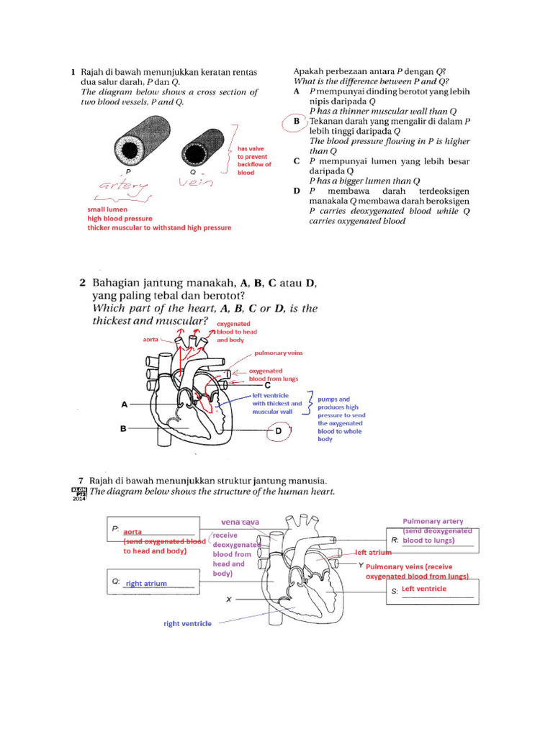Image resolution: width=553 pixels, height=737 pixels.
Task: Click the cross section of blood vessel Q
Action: [196, 149]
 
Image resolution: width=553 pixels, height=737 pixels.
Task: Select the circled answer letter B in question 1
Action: [296, 122]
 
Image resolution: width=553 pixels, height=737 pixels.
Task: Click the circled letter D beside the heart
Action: [279, 431]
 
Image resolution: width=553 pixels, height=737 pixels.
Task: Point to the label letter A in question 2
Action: [124, 405]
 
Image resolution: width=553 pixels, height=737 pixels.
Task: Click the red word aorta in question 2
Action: [150, 338]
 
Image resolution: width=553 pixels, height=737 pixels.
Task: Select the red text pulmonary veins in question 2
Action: [277, 355]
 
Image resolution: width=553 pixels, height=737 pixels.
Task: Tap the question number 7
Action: [81, 479]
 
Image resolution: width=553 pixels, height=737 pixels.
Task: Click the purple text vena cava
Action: [240, 521]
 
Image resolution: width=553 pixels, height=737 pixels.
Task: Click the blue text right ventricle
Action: [188, 623]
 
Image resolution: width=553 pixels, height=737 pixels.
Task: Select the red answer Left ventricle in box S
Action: [423, 589]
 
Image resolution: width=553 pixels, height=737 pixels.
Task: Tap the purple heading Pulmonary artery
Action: [433, 521]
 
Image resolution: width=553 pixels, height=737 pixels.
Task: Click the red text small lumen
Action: [107, 209]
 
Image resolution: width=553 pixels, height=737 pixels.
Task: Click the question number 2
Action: [82, 283]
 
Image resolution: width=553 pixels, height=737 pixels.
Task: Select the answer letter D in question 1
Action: [297, 191]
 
